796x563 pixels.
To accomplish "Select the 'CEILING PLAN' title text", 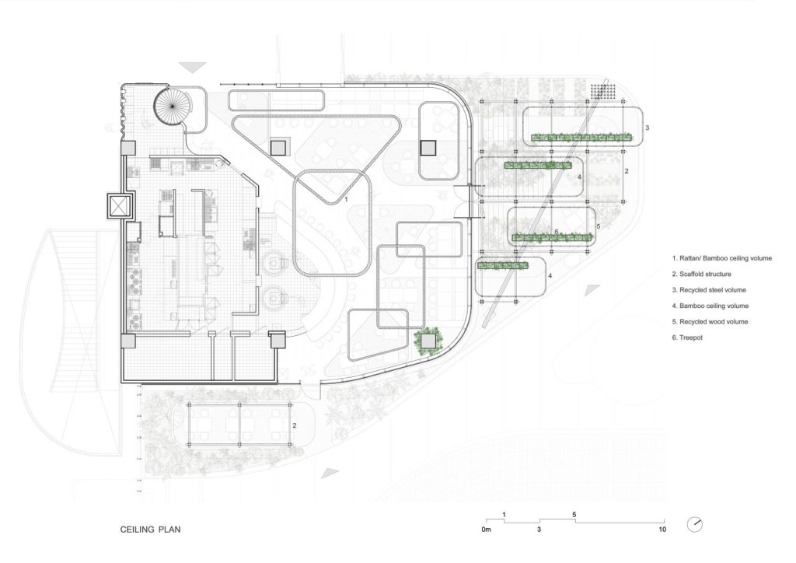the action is [x=150, y=530].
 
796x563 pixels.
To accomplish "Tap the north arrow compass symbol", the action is [x=694, y=524].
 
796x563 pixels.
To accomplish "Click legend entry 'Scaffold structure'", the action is [x=702, y=275].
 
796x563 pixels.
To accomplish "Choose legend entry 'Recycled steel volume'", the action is [x=709, y=290].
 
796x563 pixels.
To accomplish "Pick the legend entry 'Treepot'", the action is [x=687, y=337].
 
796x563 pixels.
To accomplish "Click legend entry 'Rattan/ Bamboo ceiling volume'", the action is [x=721, y=258].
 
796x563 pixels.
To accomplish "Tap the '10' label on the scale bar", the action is [x=662, y=530].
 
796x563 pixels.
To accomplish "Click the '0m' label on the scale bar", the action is [x=487, y=530].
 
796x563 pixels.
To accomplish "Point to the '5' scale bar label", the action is [x=574, y=515].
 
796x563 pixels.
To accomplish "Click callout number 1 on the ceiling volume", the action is [x=346, y=200].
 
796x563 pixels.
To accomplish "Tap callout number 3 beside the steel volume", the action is [x=647, y=128].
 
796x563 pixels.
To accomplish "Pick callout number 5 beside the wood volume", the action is [x=599, y=226].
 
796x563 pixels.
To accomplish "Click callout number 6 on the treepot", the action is [x=557, y=232].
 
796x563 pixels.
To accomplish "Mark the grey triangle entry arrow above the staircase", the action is [x=193, y=68].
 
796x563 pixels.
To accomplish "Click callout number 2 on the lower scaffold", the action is [x=294, y=426].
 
